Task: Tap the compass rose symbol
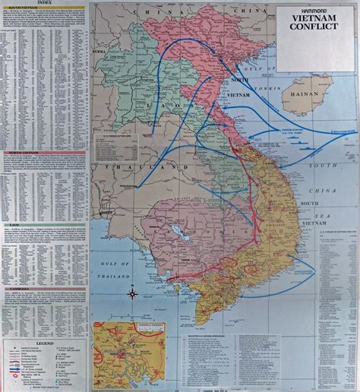coord(132,293)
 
